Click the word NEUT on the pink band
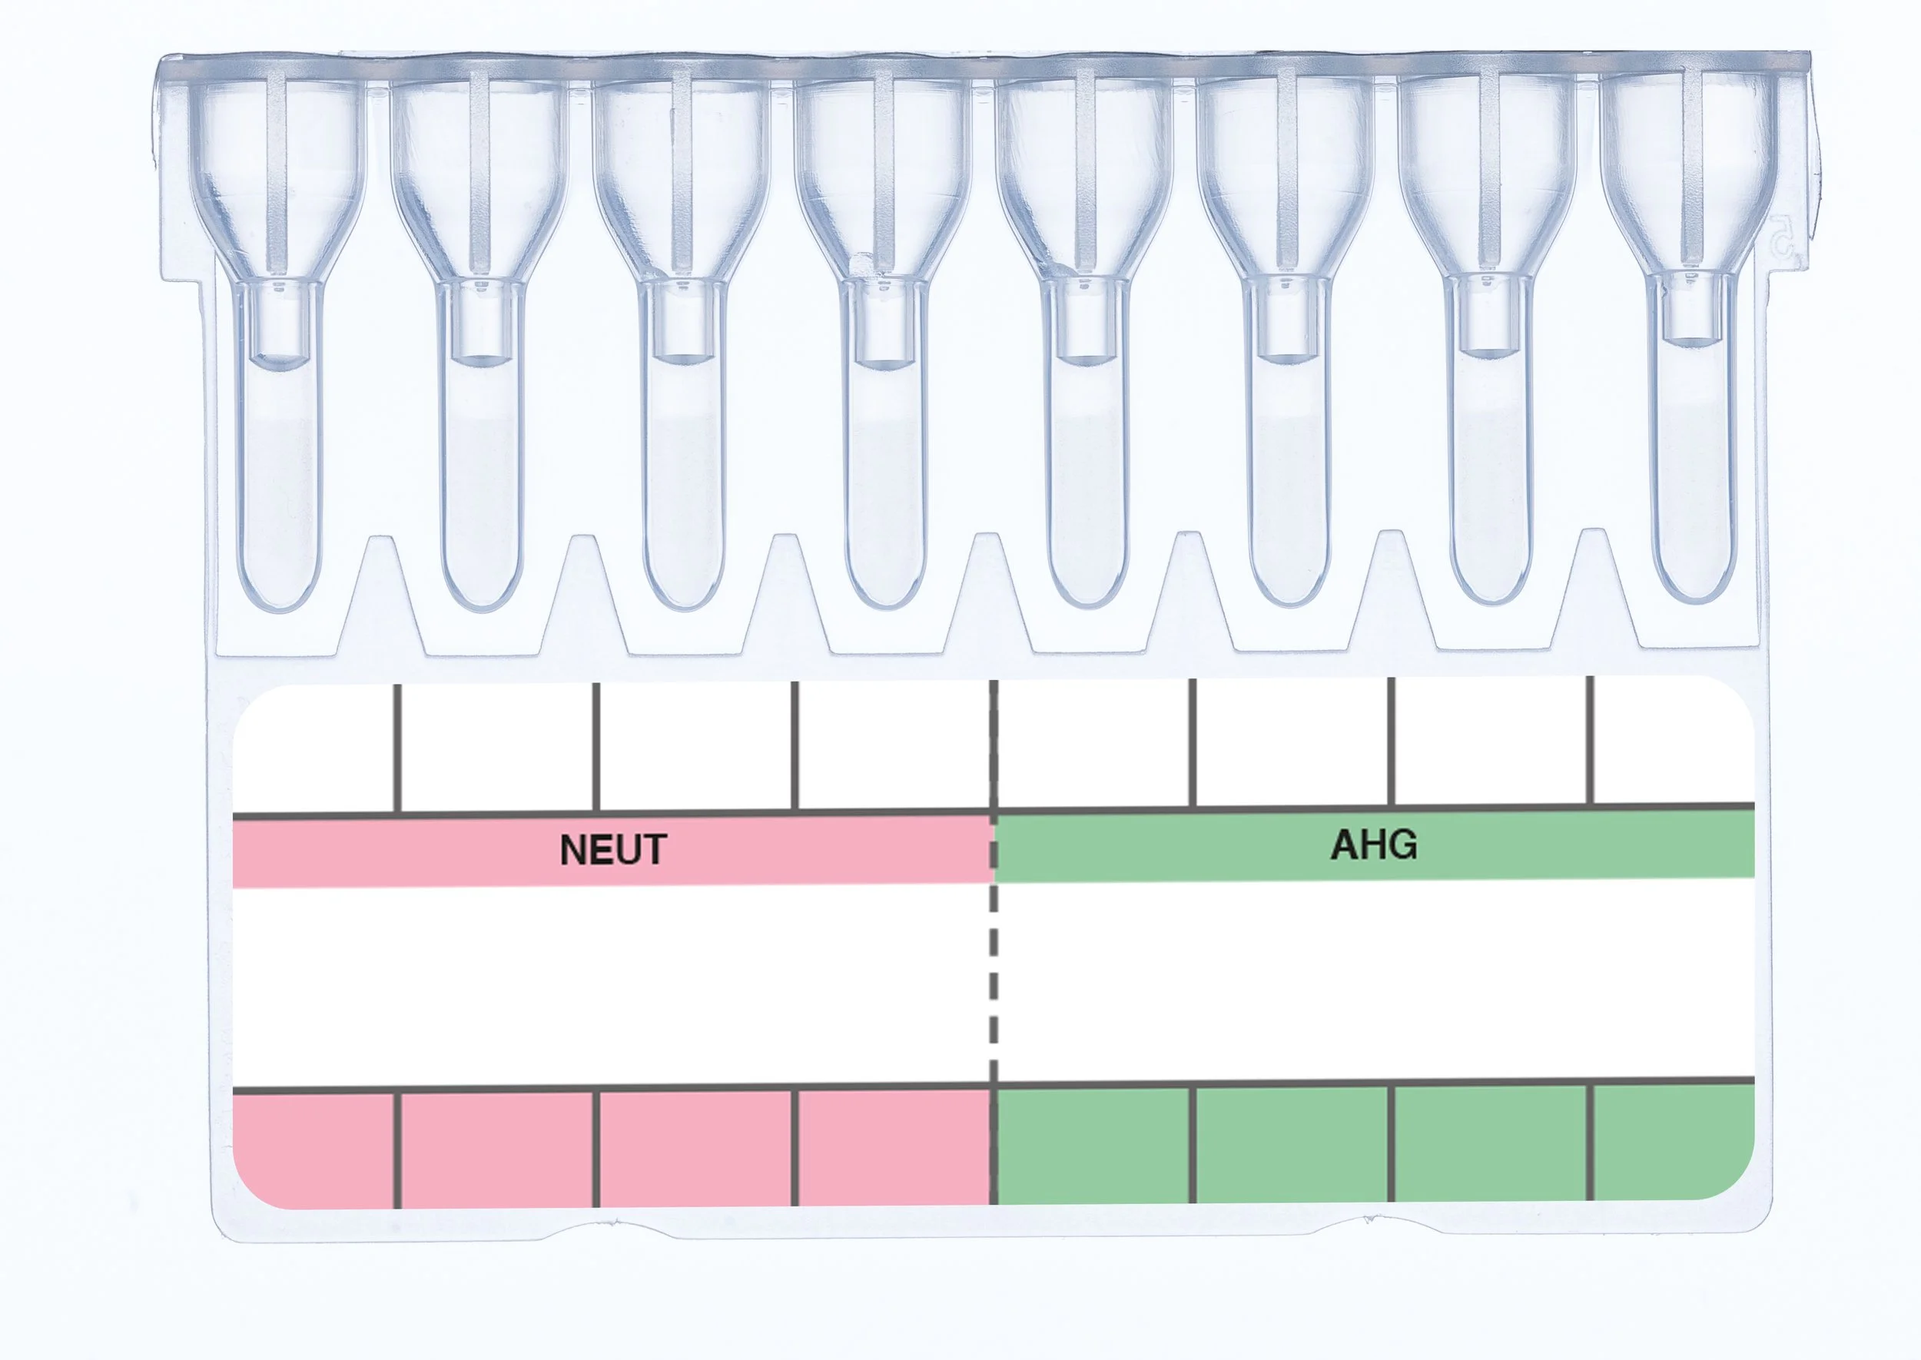(x=613, y=850)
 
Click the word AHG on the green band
(x=1374, y=845)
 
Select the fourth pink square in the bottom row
(x=893, y=1147)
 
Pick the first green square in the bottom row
(x=1093, y=1146)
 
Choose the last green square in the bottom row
(x=1671, y=1143)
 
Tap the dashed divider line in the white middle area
(x=994, y=980)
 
